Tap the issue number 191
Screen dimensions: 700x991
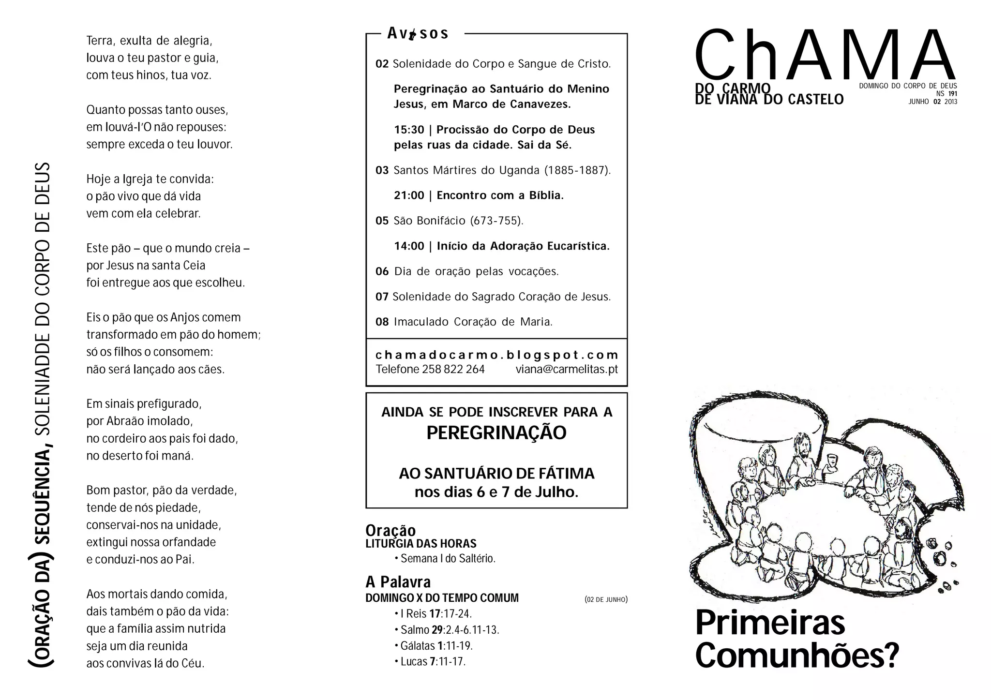point(952,94)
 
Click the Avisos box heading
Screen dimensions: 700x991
point(418,33)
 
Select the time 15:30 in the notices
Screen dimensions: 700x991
point(409,130)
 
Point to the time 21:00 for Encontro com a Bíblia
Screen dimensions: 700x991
point(409,195)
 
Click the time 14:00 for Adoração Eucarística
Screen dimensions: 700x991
point(409,246)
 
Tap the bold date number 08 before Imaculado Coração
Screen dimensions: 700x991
point(382,322)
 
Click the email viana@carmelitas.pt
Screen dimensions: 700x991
point(567,369)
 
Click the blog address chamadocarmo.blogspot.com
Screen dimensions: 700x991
point(496,355)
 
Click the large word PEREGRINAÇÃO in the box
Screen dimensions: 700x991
point(496,432)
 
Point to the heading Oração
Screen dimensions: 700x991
point(390,530)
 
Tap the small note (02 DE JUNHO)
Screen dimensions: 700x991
point(606,599)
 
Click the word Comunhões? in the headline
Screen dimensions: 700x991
point(796,655)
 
